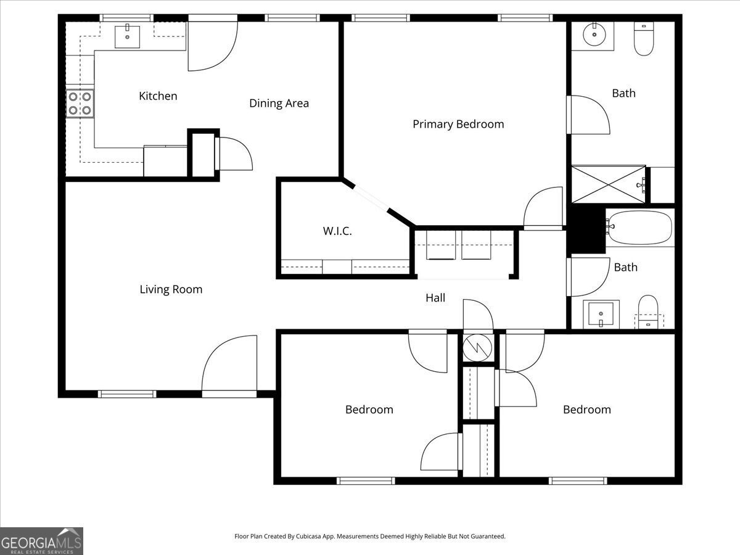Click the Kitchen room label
pos(158,96)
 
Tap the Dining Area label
pos(279,104)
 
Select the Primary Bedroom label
pos(458,124)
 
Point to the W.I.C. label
pos(337,231)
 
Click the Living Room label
pos(171,289)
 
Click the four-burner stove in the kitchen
pos(80,104)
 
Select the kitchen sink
pos(127,36)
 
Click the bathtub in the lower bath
pos(639,228)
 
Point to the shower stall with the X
pos(609,184)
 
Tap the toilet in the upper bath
pos(644,39)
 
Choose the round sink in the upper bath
pos(593,35)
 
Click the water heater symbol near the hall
pos(478,348)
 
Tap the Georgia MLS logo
pos(41,541)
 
